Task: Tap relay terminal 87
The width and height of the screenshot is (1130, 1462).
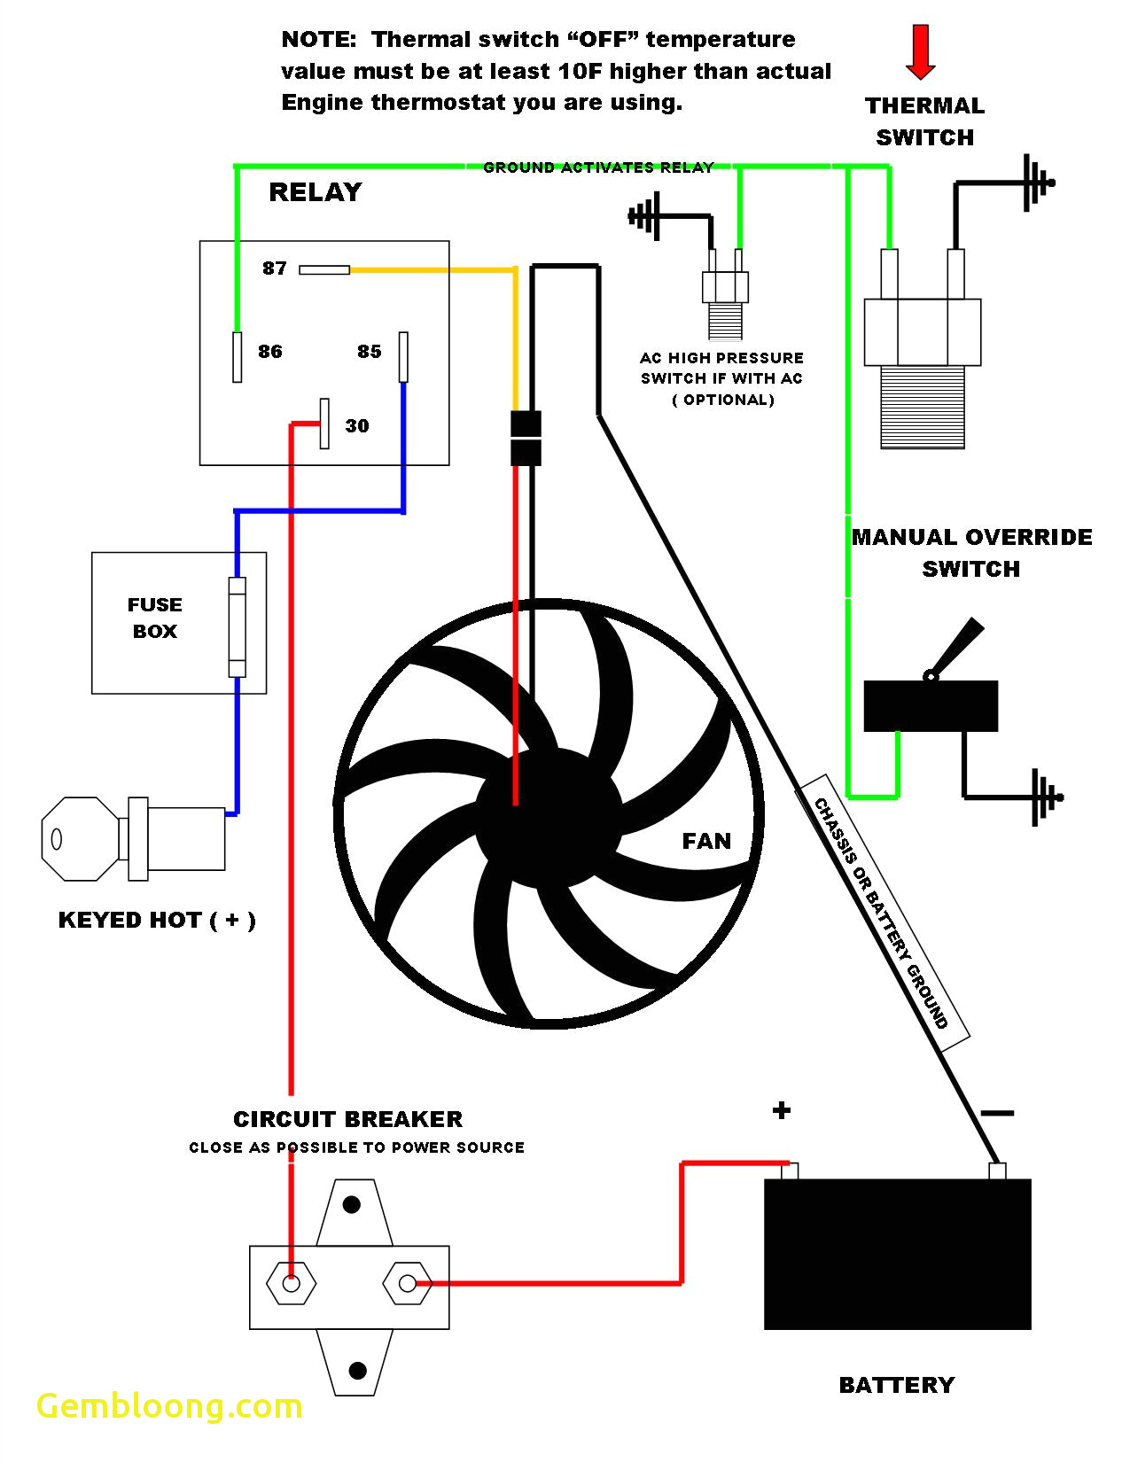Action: [x=323, y=269]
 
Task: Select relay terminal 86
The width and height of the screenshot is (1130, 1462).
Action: [x=237, y=357]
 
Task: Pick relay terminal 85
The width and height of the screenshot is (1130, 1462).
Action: [x=403, y=356]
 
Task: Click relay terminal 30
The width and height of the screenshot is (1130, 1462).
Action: [x=324, y=424]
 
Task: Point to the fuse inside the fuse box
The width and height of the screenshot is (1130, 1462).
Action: [x=237, y=626]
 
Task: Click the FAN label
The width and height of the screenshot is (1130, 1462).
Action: [x=706, y=841]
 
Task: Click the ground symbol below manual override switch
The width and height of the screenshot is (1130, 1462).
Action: [x=1045, y=797]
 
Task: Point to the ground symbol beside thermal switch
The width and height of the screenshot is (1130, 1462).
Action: [x=1036, y=183]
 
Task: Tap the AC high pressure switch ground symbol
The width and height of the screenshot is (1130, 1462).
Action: [x=647, y=216]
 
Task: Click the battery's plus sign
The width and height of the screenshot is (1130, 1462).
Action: [x=781, y=1110]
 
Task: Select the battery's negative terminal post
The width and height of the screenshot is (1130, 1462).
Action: [x=997, y=1170]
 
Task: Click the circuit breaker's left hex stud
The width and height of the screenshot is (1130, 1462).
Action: [x=291, y=1283]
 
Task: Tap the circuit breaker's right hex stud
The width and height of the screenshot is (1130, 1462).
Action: [x=407, y=1283]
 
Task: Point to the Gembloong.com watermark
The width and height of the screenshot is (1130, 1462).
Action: [x=169, y=1406]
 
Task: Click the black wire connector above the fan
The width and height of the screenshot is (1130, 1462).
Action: [x=526, y=438]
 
